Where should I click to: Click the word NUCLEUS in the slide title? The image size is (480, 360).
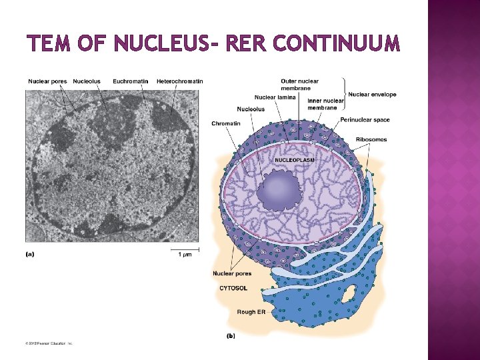tap(162, 44)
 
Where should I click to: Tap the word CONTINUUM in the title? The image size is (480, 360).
tap(337, 44)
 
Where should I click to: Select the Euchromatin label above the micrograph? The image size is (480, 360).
tap(131, 81)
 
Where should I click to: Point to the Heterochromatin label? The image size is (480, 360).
tap(180, 81)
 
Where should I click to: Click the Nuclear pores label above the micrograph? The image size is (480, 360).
tap(47, 81)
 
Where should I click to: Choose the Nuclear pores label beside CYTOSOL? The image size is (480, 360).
tap(232, 273)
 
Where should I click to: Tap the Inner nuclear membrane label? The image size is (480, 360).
tap(325, 104)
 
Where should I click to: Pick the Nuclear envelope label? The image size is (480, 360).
tap(372, 95)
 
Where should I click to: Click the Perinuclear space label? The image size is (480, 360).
tap(365, 120)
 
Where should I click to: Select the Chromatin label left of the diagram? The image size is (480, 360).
tap(226, 123)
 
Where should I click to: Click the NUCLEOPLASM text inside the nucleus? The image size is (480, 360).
tap(295, 160)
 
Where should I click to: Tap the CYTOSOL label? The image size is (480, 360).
tap(233, 288)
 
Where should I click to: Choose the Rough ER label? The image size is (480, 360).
tap(251, 312)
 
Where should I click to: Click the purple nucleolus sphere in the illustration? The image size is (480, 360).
tap(281, 188)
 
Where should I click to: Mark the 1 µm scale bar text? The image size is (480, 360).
tap(185, 254)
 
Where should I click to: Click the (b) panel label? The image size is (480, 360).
tap(231, 335)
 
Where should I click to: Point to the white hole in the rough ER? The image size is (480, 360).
tap(349, 293)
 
